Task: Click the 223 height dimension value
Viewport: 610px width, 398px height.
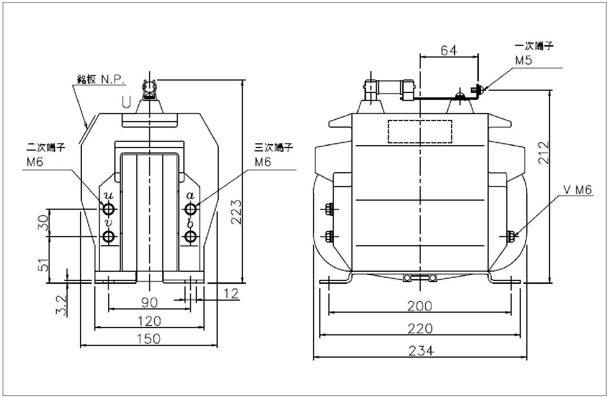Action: coord(236,212)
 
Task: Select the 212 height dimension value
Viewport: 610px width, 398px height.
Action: coord(544,153)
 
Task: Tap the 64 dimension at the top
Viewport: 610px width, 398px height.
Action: coord(449,50)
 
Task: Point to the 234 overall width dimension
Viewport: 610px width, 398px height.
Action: coord(421,351)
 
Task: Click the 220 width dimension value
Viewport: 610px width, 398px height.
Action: coord(420,329)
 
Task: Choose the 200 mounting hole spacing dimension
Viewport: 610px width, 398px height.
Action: coord(420,306)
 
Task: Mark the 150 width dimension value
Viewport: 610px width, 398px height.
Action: coord(149,339)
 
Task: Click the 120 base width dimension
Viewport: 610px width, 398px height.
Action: coord(149,321)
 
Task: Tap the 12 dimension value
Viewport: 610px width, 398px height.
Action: coord(231,294)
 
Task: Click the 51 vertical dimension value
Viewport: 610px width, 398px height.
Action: coord(43,265)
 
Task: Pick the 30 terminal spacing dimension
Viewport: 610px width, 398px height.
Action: coord(43,223)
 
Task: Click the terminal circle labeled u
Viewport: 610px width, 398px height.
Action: coord(109,209)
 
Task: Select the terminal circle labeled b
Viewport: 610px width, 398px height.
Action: coord(190,237)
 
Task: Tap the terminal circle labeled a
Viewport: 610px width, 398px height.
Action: coord(190,209)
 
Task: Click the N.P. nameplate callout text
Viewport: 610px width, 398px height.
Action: coord(113,80)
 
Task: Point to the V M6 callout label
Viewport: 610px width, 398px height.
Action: coord(577,190)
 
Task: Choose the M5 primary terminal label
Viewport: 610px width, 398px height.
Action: coord(523,60)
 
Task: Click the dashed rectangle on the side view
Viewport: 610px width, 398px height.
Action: coord(420,131)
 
